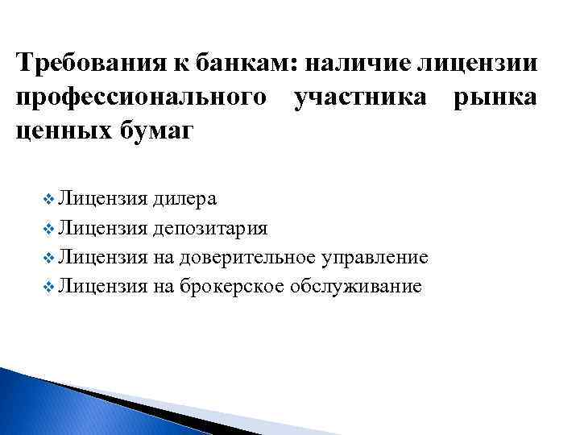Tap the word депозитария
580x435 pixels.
coord(210,228)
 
